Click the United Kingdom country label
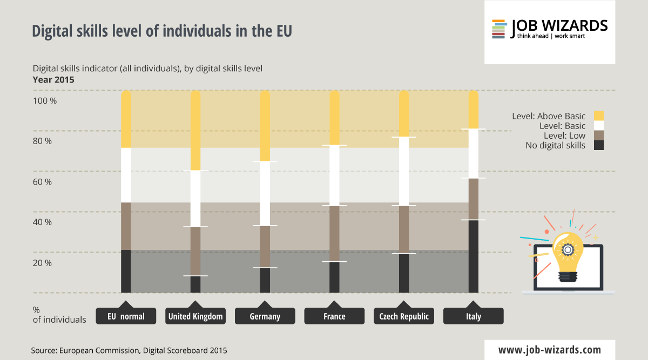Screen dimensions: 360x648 click(195, 316)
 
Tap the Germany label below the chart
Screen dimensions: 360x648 click(265, 316)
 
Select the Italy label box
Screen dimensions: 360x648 click(473, 316)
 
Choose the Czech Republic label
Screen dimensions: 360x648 click(404, 316)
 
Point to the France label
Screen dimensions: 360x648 click(334, 316)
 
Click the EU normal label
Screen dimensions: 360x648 click(126, 316)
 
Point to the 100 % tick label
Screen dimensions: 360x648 click(46, 101)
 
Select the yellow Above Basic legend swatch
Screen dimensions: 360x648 click(598, 116)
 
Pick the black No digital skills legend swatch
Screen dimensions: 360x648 click(598, 145)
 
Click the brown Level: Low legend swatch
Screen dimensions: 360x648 click(598, 135)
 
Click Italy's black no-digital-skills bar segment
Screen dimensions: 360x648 click(473, 256)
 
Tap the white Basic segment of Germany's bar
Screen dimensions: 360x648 click(265, 193)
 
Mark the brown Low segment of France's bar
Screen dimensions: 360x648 click(334, 233)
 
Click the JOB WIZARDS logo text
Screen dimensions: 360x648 click(559, 25)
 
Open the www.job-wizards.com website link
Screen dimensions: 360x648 click(550, 349)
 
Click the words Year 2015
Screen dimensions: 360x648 click(53, 79)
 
